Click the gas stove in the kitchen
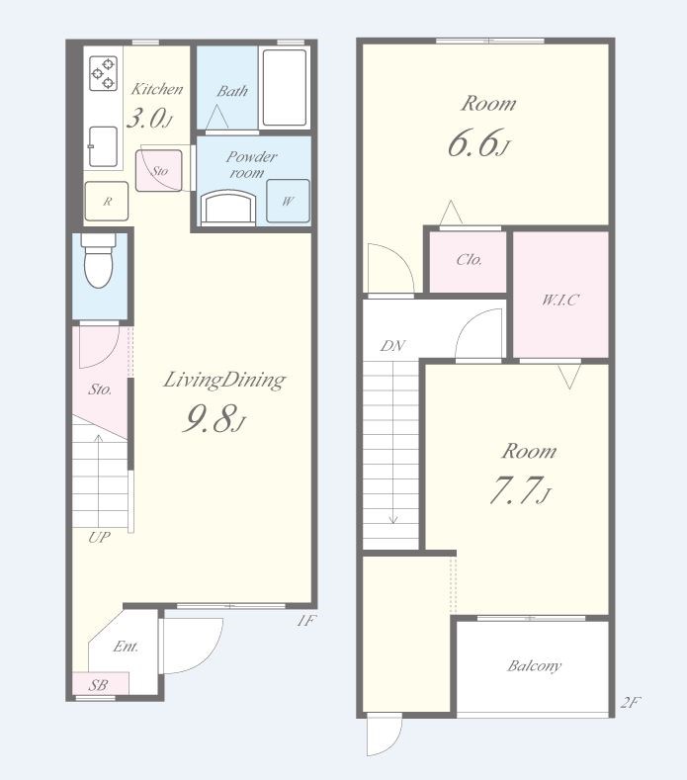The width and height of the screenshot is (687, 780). [103, 73]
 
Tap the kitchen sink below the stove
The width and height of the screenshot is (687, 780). [103, 146]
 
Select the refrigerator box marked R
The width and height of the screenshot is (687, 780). [107, 201]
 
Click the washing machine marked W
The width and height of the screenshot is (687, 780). [288, 201]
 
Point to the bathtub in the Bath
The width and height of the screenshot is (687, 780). [285, 88]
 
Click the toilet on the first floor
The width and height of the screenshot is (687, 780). [99, 261]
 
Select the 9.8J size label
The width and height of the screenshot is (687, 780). [214, 419]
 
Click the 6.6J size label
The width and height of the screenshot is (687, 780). [478, 142]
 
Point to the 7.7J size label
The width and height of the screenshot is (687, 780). [520, 489]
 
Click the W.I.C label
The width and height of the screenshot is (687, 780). [560, 300]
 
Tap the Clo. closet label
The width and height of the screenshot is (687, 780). [469, 259]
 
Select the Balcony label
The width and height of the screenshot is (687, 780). [534, 666]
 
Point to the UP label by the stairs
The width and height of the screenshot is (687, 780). [99, 537]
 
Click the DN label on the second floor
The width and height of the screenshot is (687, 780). [392, 346]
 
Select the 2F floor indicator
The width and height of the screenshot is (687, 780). [631, 702]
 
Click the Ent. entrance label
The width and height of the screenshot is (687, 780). [126, 647]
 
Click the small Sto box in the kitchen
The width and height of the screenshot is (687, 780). [159, 171]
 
